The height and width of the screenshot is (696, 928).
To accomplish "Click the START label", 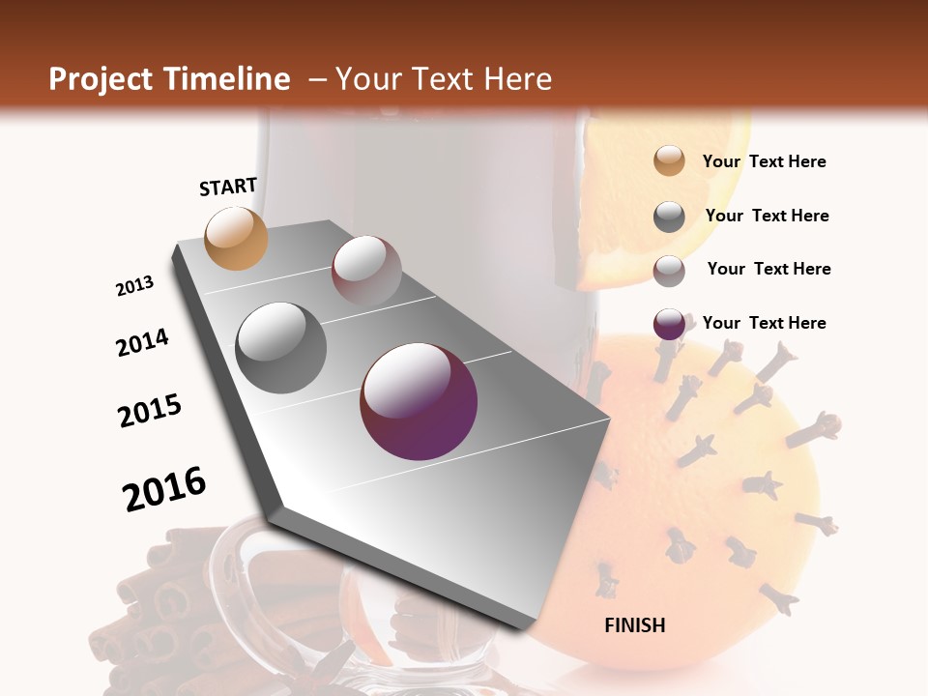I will [x=228, y=187].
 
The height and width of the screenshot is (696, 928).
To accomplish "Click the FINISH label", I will [x=634, y=625].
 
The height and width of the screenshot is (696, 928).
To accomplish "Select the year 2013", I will [x=134, y=286].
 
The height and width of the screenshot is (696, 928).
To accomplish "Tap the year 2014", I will [x=142, y=343].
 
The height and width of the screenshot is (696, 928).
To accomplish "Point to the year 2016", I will [x=164, y=489].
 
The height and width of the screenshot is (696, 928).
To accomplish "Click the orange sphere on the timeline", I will [x=237, y=238].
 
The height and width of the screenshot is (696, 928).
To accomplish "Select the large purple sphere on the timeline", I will [x=419, y=401].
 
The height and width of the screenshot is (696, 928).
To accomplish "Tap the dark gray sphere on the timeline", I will [x=281, y=347].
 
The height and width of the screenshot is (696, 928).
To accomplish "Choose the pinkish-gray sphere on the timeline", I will [x=366, y=270].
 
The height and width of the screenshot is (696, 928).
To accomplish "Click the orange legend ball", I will [x=669, y=161].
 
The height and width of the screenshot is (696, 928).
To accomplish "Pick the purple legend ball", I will [x=669, y=324].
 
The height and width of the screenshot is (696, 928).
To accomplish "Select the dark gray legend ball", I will [x=669, y=217].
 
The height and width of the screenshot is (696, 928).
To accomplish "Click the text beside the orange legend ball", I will [x=764, y=161].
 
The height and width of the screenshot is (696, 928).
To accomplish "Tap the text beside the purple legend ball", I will [x=764, y=323].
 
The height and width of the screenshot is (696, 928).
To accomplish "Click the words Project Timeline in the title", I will [x=169, y=79].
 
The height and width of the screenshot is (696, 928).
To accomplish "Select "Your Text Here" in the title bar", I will [x=443, y=79].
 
